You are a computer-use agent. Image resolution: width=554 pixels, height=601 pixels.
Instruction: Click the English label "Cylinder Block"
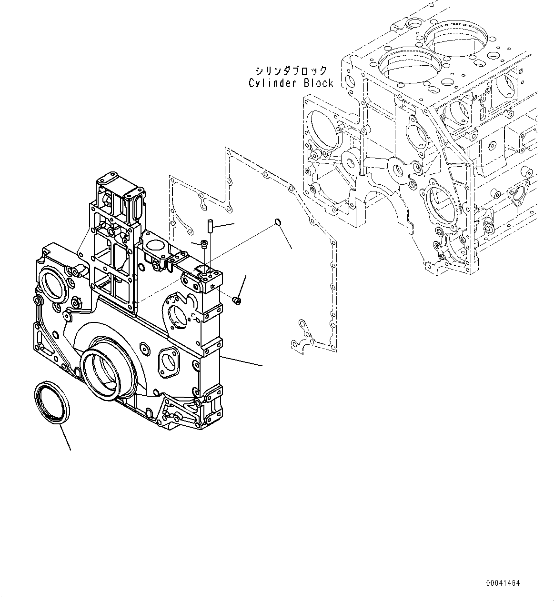coord(291,83)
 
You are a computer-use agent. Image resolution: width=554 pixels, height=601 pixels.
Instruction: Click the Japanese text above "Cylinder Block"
coord(291,71)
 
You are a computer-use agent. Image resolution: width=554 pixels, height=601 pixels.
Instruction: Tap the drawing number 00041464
coord(503,583)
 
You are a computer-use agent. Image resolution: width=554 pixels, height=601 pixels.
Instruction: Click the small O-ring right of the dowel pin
coord(278,222)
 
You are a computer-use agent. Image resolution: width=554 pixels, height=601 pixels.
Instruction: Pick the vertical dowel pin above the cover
coord(209,224)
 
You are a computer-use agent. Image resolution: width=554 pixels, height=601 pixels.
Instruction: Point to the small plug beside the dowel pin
coord(205,245)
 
